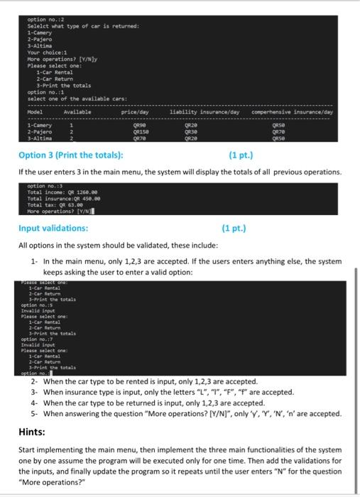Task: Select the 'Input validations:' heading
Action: [54, 228]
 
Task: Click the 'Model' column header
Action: [36, 111]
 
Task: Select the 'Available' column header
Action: [77, 111]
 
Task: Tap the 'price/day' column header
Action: [134, 111]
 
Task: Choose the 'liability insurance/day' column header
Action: [204, 111]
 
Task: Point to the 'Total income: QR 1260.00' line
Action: [59, 192]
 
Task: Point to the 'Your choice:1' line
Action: [46, 51]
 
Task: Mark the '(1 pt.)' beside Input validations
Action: [234, 228]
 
